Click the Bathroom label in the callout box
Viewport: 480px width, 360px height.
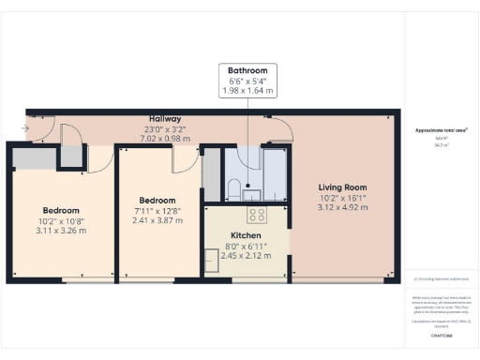coord(248,70)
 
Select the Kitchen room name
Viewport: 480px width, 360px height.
coord(247,236)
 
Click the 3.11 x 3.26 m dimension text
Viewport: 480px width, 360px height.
coord(61,231)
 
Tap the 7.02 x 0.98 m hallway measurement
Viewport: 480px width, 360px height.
coord(167,139)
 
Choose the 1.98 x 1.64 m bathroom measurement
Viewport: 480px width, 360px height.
coord(248,91)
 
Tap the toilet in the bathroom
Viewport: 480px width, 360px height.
coord(234,187)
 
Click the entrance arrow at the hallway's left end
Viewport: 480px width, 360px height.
coord(22,128)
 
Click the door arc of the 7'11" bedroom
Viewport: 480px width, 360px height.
coord(180,161)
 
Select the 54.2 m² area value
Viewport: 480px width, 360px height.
coord(439,145)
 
